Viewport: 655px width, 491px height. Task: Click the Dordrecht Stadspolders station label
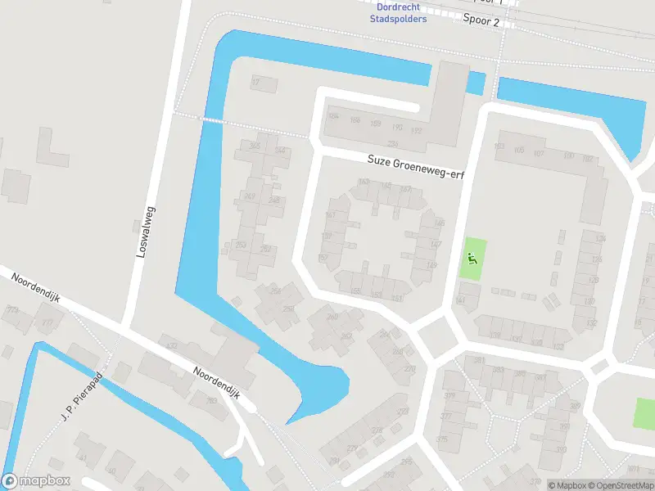point(397,13)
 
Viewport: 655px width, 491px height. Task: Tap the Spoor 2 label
point(481,21)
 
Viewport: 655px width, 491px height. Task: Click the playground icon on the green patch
point(471,258)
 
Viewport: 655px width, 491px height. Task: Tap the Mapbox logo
point(36,481)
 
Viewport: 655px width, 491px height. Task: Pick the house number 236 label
point(394,143)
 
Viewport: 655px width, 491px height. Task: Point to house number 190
point(397,128)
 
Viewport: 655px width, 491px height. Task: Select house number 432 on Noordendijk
point(171,347)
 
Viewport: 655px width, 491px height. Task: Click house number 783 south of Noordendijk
point(212,400)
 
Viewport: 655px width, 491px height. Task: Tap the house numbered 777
point(47,323)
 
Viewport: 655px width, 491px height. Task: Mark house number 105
point(519,151)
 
